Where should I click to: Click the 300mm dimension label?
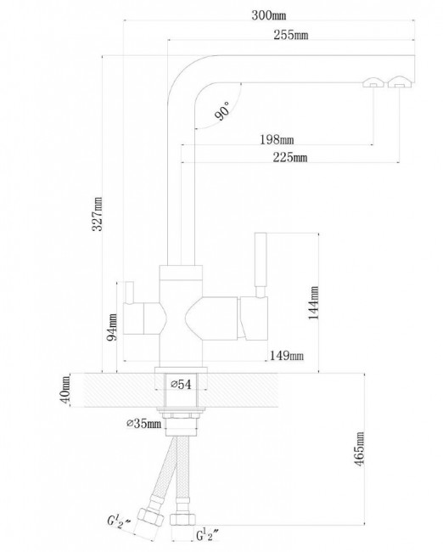coord(268,15)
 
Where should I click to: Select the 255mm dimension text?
coord(290,35)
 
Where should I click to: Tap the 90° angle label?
coord(222,110)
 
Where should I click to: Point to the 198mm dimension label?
coord(277,140)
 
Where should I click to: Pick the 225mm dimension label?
coord(290,157)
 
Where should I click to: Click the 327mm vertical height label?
coord(97,214)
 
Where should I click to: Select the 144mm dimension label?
coord(313,303)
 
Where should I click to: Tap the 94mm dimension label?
coord(111,327)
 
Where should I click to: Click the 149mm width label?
coord(286,356)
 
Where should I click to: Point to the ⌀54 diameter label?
coord(182,385)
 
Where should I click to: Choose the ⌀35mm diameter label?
coord(143,423)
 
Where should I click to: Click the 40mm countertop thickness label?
coord(64,389)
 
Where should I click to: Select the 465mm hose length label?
coord(359,449)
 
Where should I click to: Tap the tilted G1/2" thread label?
coord(119,523)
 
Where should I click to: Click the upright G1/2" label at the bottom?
coord(207,536)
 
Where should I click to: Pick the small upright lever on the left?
coord(128,292)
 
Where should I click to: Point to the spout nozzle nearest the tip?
coord(400,82)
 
